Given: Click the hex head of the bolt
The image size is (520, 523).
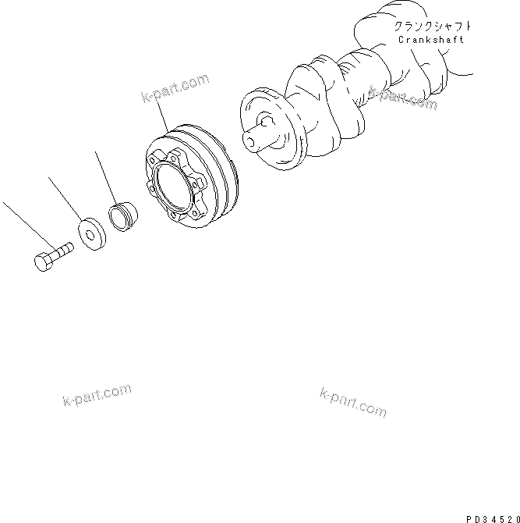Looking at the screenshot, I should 44,261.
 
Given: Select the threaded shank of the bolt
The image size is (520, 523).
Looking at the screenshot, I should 63,250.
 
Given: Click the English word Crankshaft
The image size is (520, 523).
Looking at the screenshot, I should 430,39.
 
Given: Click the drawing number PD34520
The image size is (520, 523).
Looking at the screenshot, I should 490,517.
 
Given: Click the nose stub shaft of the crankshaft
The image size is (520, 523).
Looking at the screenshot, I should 254,141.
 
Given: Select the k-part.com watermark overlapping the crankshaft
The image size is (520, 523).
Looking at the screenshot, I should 403,98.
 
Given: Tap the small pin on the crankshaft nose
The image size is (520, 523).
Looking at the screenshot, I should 265,119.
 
